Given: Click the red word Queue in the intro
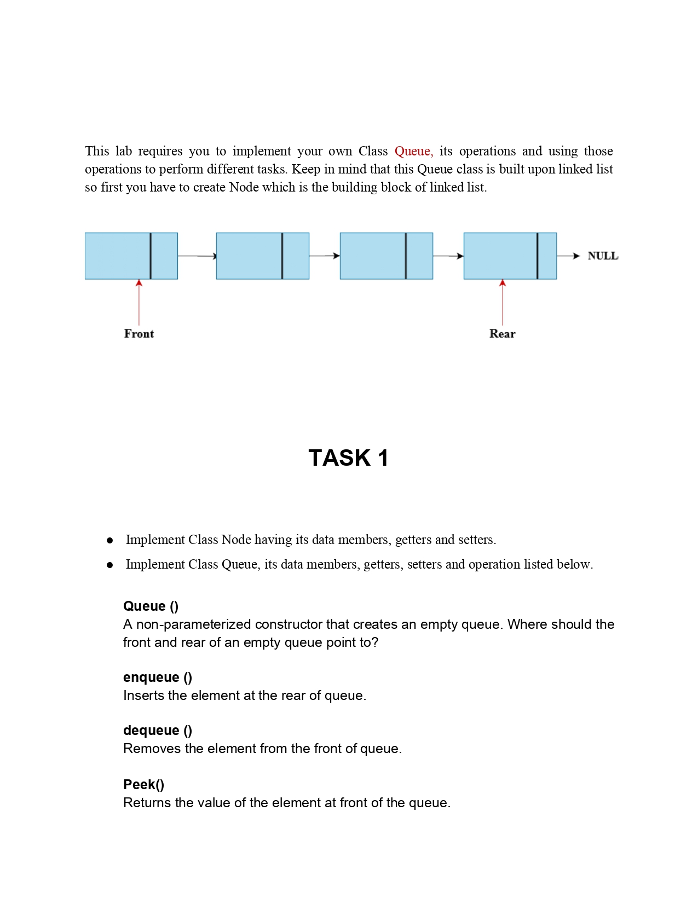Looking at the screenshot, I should tap(413, 151).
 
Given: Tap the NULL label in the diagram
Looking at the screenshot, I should tap(602, 256).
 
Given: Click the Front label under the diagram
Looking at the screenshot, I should tap(139, 333).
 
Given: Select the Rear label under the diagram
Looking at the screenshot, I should tap(502, 333).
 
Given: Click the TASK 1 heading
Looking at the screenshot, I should tap(348, 458).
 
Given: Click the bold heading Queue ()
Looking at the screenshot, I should tap(151, 606).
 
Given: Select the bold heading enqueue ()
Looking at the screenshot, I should tap(158, 677).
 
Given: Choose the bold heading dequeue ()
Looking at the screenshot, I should tap(158, 730).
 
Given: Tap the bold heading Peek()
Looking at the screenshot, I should tap(143, 784).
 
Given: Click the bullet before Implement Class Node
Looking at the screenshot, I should tap(110, 540).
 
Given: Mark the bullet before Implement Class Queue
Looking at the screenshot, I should tap(110, 565).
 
